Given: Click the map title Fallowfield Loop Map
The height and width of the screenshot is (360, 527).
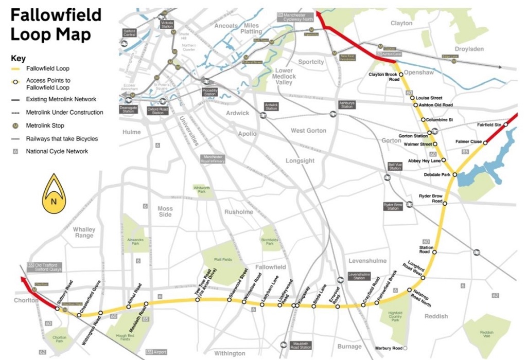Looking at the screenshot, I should point(56,24).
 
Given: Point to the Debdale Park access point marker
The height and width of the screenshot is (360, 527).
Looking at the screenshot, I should point(454,174).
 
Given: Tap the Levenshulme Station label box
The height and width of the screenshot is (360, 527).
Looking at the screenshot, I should point(359,276).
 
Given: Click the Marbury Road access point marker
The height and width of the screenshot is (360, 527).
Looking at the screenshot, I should point(406,348).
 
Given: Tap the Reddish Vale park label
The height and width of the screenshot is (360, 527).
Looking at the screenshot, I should point(486,334).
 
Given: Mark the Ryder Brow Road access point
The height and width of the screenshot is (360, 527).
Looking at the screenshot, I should point(445,204).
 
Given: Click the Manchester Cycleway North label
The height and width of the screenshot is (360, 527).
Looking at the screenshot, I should point(295,17).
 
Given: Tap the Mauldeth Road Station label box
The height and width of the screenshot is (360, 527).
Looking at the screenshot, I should point(301,345).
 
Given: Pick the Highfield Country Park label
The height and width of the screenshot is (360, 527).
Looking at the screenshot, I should point(395,315).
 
